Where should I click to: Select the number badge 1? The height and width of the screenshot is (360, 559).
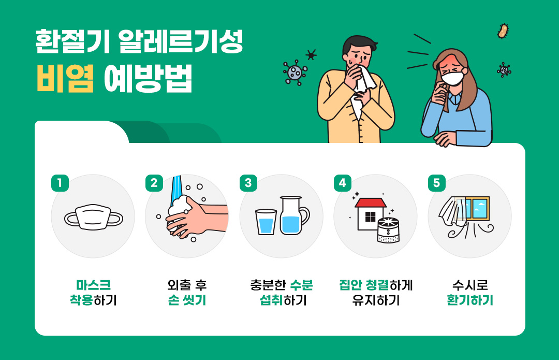(x=60, y=183)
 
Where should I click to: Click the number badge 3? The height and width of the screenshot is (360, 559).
(x=248, y=183)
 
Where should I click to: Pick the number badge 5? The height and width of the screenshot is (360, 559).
(x=437, y=183)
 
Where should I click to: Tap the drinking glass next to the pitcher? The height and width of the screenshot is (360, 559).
(x=266, y=221)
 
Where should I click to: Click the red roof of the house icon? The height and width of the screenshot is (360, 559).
(x=371, y=202)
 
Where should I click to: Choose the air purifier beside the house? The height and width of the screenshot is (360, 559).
(x=388, y=231)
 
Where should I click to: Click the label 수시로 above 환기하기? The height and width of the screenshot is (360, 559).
(x=470, y=285)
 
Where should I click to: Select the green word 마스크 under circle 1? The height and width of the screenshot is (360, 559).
(x=93, y=285)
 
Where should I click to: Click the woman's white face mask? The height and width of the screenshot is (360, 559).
(x=453, y=78)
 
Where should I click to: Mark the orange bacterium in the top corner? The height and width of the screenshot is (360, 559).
(x=503, y=31)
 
